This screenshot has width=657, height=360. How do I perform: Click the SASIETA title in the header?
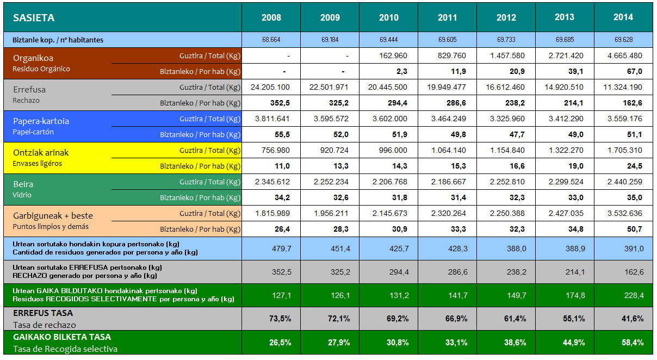(x=34, y=17)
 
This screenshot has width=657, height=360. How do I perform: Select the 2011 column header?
(x=447, y=17)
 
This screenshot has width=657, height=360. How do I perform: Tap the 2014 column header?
(x=623, y=17)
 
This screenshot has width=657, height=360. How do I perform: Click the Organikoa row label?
(x=33, y=58)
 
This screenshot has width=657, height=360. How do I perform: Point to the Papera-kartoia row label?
(x=41, y=121)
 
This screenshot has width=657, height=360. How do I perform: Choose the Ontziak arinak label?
(x=41, y=153)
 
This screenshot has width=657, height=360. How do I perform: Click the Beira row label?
(x=23, y=184)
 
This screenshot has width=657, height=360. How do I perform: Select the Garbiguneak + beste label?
(x=53, y=215)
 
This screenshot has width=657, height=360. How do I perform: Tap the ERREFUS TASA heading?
(x=42, y=313)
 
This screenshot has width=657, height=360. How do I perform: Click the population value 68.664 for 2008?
(x=271, y=40)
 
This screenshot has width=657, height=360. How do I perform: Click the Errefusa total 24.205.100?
(x=270, y=87)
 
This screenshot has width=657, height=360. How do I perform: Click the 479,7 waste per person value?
(x=281, y=249)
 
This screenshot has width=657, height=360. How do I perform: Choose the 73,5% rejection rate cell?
(x=280, y=319)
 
